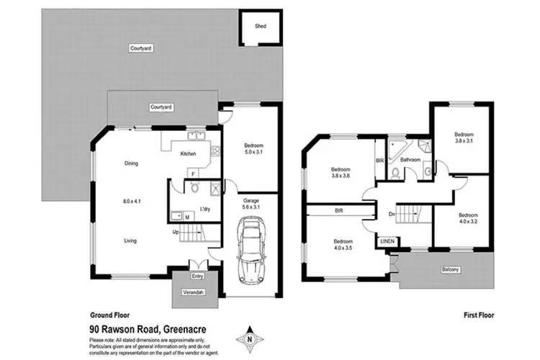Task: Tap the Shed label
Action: pyautogui.click(x=260, y=27)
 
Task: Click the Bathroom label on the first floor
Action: pyautogui.click(x=410, y=160)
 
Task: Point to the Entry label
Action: pyautogui.click(x=197, y=276)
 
